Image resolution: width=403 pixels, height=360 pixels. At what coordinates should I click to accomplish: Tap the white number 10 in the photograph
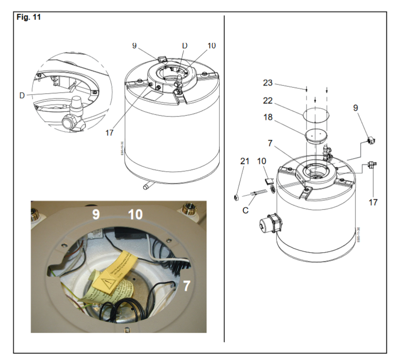pyautogui.click(x=135, y=214)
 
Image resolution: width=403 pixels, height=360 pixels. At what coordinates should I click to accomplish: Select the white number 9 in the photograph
pyautogui.click(x=96, y=214)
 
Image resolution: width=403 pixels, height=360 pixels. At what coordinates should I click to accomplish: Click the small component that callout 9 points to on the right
pyautogui.click(x=371, y=141)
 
